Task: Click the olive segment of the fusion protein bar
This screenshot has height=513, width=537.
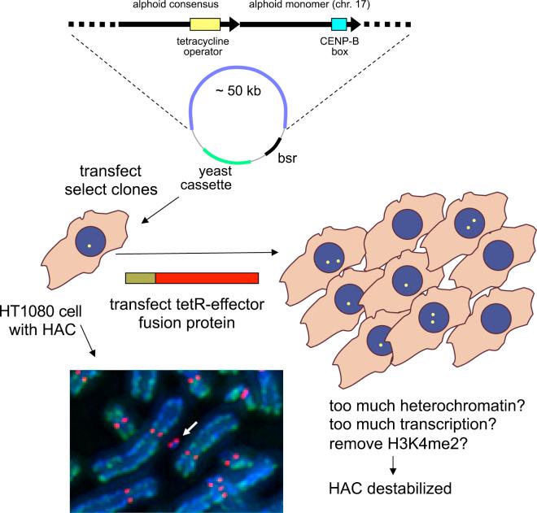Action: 140,278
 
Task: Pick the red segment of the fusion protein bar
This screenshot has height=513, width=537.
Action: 207,278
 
